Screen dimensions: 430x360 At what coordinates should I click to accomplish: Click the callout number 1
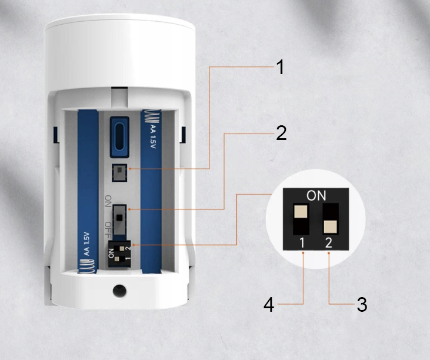click(x=280, y=67)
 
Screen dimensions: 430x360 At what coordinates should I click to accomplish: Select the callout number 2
click(x=281, y=134)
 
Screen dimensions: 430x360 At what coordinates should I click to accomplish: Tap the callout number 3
click(x=362, y=304)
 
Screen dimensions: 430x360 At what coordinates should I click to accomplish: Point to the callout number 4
click(x=269, y=305)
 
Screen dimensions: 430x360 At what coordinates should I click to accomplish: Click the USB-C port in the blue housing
click(x=119, y=137)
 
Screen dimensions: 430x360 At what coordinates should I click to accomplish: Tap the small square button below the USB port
click(x=119, y=172)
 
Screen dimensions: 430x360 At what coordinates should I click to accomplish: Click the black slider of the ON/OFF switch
click(x=119, y=218)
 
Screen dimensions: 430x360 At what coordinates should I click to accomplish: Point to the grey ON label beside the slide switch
click(x=108, y=201)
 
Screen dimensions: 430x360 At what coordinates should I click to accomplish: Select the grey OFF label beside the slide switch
click(x=108, y=230)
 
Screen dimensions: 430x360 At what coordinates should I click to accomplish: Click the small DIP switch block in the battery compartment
click(x=119, y=254)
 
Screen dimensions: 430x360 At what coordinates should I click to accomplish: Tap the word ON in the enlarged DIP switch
click(x=316, y=195)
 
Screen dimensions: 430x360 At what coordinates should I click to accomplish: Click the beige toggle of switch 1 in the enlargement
click(x=301, y=211)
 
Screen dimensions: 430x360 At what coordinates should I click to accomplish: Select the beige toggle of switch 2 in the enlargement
click(x=330, y=226)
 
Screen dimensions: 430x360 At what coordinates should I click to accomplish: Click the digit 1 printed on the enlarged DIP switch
click(x=302, y=243)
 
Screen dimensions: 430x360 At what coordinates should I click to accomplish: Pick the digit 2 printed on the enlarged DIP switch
click(x=329, y=243)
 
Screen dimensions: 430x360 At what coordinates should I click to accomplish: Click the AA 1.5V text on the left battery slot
click(x=86, y=244)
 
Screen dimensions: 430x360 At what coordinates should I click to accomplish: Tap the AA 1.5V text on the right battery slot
click(x=153, y=137)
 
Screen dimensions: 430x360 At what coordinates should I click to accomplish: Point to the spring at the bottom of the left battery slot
click(x=87, y=266)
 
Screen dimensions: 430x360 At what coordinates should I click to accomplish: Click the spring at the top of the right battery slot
click(x=151, y=116)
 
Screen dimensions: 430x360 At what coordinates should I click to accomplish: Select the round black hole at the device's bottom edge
click(x=119, y=291)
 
